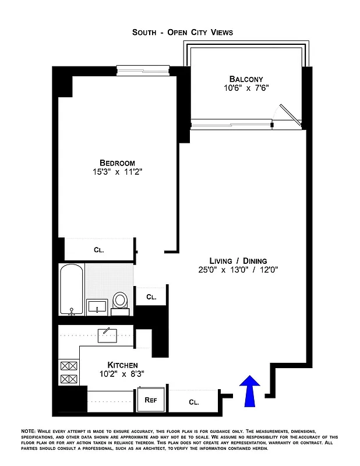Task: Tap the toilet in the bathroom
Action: [x=121, y=301]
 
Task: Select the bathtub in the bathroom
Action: [x=72, y=290]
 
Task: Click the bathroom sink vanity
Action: [x=97, y=306]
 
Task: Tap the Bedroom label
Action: [x=117, y=163]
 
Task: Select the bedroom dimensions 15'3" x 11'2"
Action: [x=117, y=172]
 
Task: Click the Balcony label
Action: [x=246, y=79]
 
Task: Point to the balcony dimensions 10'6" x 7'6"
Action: [x=246, y=88]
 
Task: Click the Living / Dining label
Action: [x=238, y=260]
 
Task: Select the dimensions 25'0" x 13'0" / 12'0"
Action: [x=238, y=270]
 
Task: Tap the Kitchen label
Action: [x=122, y=365]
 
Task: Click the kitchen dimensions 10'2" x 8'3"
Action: [x=122, y=375]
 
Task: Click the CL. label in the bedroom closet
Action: [x=99, y=250]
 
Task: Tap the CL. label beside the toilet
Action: [x=151, y=296]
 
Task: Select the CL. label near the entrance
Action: [x=194, y=402]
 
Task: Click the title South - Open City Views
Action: [x=182, y=33]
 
